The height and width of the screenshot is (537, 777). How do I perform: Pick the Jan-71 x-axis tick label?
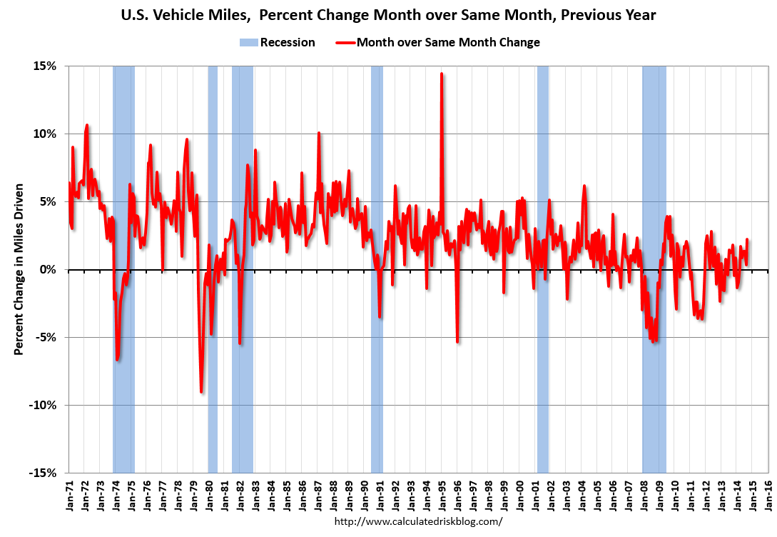(69, 498)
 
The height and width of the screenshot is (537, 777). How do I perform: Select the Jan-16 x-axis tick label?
(768, 498)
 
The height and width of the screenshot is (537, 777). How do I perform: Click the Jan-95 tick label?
(442, 498)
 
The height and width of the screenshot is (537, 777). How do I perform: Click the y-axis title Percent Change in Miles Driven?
(19, 269)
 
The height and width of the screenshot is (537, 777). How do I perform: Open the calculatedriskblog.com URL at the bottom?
(418, 521)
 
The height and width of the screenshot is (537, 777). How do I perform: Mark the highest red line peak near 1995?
(442, 74)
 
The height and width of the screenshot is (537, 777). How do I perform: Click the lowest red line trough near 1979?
(201, 391)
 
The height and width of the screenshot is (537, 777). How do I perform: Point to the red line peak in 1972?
(87, 125)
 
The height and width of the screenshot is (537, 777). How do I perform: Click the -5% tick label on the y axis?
(46, 337)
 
